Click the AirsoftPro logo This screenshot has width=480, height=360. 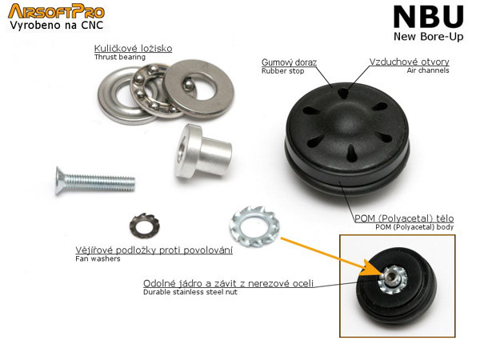56,12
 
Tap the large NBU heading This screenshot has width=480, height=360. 429,17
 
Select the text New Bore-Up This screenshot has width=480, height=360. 429,37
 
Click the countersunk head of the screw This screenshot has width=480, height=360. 60,181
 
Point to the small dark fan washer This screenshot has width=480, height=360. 145,226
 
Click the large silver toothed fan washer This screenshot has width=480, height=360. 254,226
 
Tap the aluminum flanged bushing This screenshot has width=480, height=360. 202,151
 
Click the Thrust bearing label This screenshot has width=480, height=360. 120,58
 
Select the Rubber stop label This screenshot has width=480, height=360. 282,71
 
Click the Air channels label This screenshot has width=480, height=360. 428,70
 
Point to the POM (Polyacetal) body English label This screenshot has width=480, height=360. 414,227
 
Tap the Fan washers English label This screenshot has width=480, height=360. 98,259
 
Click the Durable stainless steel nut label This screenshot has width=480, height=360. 190,292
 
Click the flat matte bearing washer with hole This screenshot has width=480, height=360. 198,89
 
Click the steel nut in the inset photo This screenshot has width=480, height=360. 390,278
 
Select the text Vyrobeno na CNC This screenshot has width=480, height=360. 56,26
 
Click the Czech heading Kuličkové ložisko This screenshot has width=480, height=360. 133,48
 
